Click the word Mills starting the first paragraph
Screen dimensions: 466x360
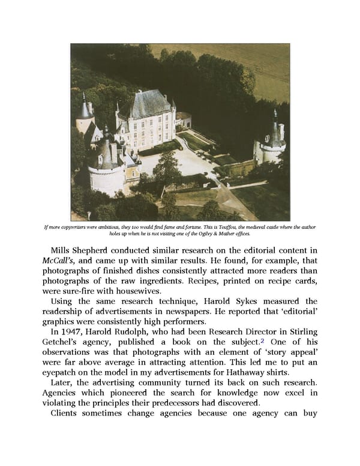point(63,250)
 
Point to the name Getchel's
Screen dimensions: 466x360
point(65,343)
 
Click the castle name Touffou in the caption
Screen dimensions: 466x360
point(215,226)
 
